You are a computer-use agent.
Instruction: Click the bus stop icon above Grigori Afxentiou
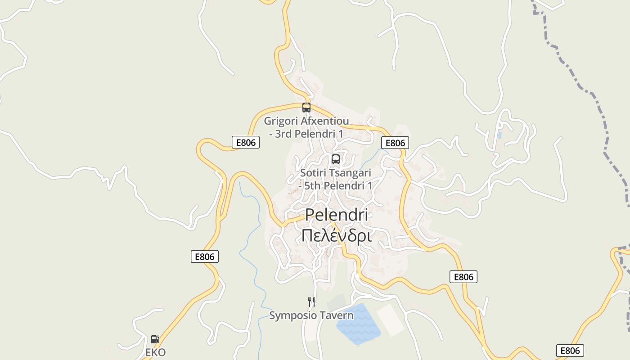[306, 108]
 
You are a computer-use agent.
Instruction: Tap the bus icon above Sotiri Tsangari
[336, 159]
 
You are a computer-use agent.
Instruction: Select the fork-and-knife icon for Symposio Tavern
[311, 301]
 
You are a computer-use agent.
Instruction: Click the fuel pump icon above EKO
[155, 339]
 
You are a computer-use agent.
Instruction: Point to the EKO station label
[156, 352]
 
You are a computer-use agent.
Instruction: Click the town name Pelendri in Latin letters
[337, 215]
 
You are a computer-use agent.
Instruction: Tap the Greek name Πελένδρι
[337, 235]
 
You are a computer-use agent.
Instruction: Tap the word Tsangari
[352, 173]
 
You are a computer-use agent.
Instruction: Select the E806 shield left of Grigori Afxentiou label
[246, 143]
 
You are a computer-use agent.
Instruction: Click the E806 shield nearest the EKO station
[205, 256]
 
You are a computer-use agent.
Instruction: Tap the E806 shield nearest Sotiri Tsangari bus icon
[396, 143]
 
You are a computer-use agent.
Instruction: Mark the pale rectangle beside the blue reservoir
[391, 320]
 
